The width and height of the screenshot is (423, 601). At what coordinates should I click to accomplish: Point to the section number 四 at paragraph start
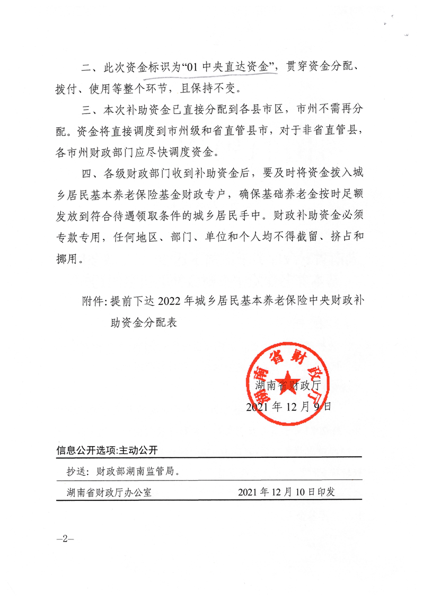[86, 173]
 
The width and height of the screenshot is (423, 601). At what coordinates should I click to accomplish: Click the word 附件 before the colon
[93, 301]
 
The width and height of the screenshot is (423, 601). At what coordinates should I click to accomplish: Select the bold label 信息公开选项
[86, 450]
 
